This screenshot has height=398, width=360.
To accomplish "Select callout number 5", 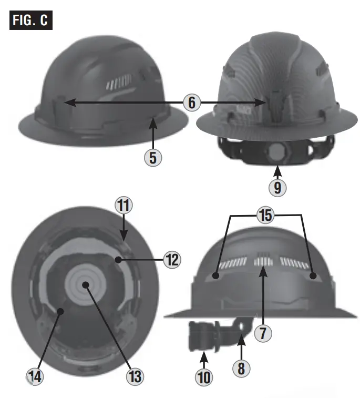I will [152, 157].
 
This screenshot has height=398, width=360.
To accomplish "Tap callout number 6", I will [192, 102].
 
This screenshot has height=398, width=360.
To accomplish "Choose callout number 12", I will [172, 259].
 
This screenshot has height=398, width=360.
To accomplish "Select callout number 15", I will [265, 215].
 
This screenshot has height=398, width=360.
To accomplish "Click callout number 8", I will [241, 368].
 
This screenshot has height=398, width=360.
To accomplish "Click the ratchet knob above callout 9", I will [276, 154].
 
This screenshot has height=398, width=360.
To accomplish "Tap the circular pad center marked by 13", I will [85, 284].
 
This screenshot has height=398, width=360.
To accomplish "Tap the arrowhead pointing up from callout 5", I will [152, 121].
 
